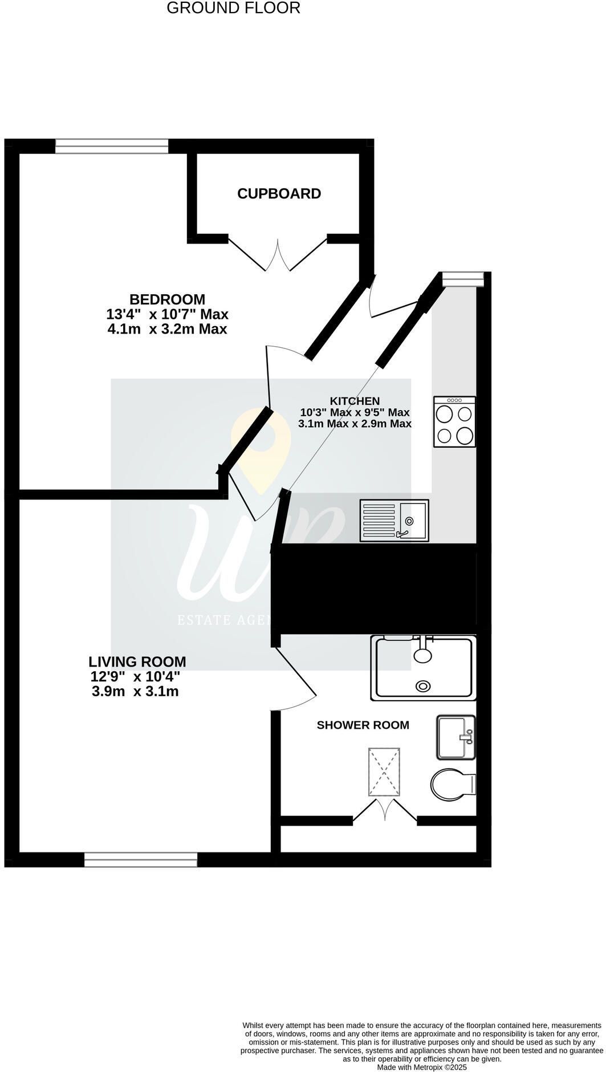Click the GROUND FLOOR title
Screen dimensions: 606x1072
coord(233,8)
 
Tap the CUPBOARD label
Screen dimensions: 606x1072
coord(279,194)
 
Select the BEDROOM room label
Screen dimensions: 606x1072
coord(167,299)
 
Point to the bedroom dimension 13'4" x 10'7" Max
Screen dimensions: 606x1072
coord(167,314)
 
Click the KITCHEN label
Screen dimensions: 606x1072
coord(355,401)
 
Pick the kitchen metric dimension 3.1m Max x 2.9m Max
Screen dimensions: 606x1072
coord(355,424)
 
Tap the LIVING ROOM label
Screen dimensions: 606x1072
coord(137,662)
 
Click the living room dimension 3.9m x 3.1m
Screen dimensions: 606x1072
coord(135,692)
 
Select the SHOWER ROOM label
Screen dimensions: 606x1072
coord(363,725)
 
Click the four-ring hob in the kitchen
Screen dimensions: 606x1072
coord(454,422)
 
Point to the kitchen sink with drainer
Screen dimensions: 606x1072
coord(394,521)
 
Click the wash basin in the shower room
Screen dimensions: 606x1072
coord(455,737)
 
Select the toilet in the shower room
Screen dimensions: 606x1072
coord(453,784)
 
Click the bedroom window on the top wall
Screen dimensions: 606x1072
coord(112,147)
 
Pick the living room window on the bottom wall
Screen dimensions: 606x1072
coord(141,860)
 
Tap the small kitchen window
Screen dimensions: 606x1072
coord(463,279)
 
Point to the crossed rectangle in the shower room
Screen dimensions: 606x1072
coord(384,772)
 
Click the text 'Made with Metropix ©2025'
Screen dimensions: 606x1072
coord(422,1067)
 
